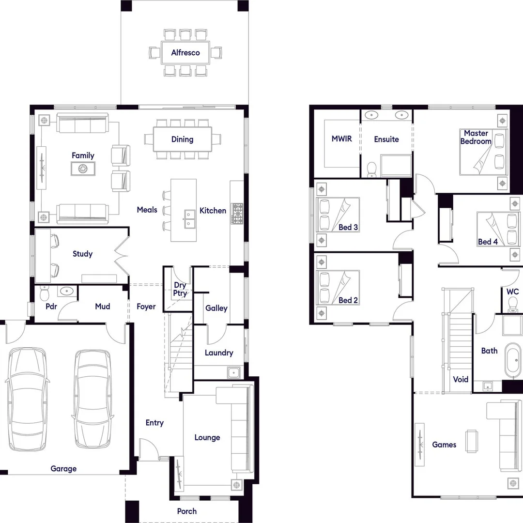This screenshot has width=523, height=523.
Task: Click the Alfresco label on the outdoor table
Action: [x=185, y=52]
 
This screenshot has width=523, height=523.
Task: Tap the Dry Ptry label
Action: [x=180, y=290]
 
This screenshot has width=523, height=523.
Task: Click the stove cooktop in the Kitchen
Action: [x=238, y=213]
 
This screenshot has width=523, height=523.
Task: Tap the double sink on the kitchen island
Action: [x=189, y=220]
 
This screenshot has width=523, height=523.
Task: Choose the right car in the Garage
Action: [x=92, y=398]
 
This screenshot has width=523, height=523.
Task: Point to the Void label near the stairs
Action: [x=461, y=379]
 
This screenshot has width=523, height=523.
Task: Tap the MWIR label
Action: [x=341, y=139]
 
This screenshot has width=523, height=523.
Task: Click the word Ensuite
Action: [x=386, y=139]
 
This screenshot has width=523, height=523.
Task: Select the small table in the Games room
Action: [x=471, y=441]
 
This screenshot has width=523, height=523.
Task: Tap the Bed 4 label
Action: [x=488, y=242]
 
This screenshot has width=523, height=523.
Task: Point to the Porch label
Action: [x=187, y=511]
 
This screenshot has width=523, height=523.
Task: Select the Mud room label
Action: [x=102, y=306]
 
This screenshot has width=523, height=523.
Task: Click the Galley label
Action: [x=216, y=308]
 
